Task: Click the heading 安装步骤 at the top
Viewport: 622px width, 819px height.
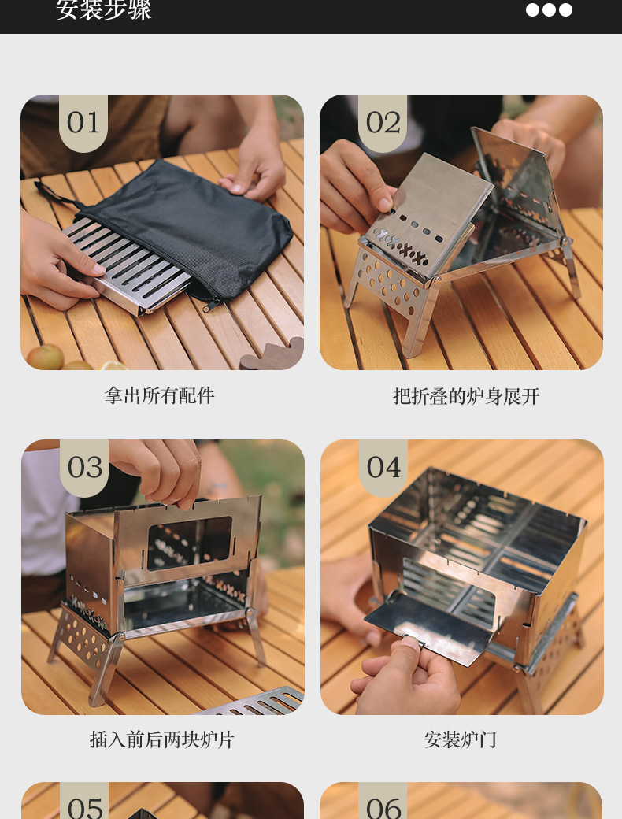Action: (x=104, y=10)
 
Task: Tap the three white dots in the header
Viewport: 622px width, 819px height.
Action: (x=549, y=9)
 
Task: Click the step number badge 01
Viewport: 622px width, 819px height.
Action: (x=83, y=122)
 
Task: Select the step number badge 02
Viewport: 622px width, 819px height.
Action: (x=383, y=122)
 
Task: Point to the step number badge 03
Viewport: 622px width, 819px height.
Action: (x=84, y=467)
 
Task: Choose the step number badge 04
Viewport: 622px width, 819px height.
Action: (x=383, y=467)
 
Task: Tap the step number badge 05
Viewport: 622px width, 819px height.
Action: (x=84, y=805)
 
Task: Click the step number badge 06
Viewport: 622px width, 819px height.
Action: (x=383, y=805)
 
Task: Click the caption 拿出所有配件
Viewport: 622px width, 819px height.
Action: (x=160, y=395)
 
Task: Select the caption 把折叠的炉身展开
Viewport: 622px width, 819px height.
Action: (x=466, y=395)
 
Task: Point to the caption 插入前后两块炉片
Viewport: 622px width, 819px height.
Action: (x=162, y=739)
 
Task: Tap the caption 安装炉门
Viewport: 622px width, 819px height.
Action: (x=461, y=739)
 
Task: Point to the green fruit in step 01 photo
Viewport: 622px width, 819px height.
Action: (x=46, y=357)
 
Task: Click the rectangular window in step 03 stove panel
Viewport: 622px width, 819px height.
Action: (x=190, y=543)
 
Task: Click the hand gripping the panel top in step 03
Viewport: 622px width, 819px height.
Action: (x=161, y=469)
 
